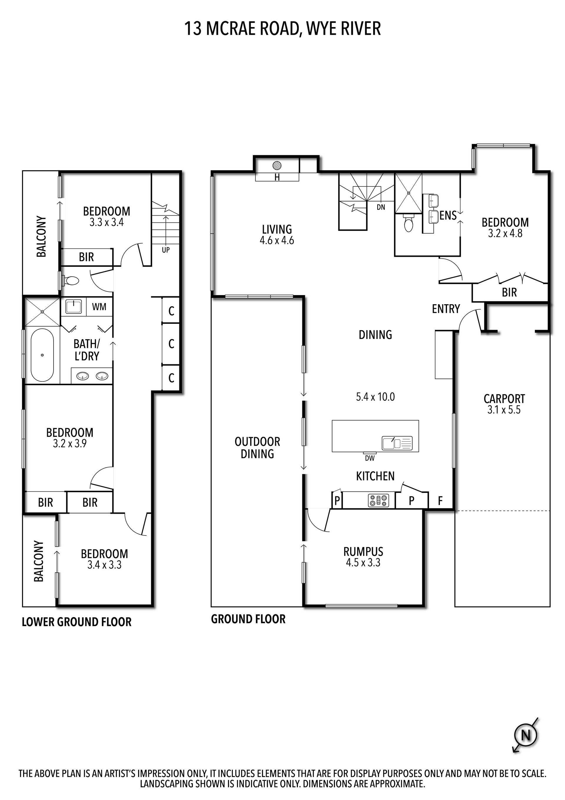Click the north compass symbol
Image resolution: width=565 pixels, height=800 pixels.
point(526,735)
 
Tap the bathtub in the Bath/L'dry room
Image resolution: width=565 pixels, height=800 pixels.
point(42,355)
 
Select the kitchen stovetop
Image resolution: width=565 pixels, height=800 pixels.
point(378,501)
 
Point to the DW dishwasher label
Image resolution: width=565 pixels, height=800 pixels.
point(370,459)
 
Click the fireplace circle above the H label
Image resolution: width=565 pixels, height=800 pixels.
point(277,165)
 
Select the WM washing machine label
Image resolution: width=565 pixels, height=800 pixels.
point(99,307)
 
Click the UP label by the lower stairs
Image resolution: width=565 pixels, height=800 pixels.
point(166,250)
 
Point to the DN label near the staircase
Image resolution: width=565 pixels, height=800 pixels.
point(381,207)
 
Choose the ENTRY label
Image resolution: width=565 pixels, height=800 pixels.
point(446,309)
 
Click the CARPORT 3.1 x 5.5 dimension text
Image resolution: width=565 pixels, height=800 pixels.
point(504,410)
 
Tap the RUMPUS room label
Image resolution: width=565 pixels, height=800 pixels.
point(363,552)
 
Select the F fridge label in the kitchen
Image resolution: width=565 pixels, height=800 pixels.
point(440,501)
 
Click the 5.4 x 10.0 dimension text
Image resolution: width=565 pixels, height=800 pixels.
point(375,397)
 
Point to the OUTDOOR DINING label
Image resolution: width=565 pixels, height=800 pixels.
point(257,448)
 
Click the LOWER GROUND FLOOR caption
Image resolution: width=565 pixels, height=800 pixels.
point(77,622)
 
